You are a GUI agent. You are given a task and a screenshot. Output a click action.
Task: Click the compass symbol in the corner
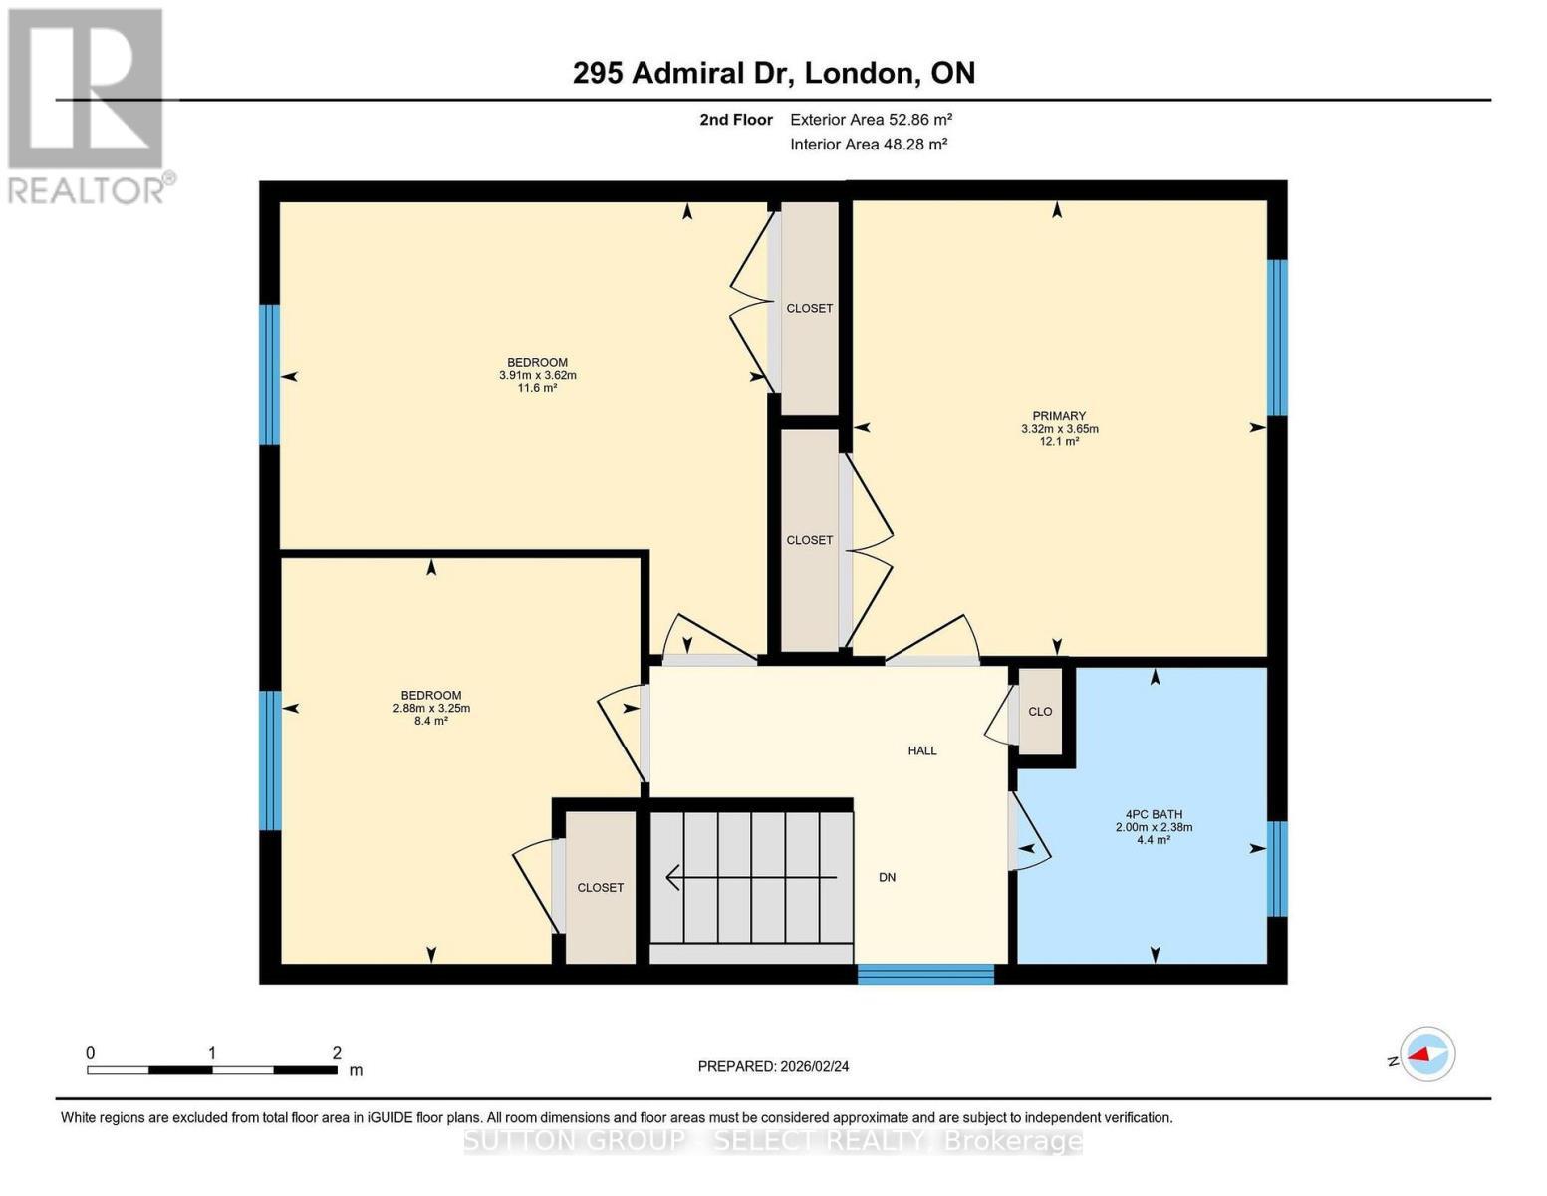tap(1426, 1053)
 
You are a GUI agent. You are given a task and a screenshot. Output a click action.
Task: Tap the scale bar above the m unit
tap(211, 1070)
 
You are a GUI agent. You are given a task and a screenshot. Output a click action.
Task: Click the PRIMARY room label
tap(1059, 416)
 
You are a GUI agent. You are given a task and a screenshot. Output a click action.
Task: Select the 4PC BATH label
tap(1154, 814)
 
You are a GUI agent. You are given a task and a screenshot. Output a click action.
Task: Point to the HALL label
tap(922, 750)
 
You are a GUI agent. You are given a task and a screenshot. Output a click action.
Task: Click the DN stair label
tap(887, 877)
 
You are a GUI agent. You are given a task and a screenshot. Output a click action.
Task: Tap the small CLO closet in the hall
tap(1040, 712)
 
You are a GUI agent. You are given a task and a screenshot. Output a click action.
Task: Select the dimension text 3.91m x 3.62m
tap(538, 376)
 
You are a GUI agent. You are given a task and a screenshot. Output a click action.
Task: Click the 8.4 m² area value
tap(431, 721)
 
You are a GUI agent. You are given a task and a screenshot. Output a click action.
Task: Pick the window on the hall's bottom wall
tap(925, 974)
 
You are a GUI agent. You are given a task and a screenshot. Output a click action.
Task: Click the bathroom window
tap(1277, 868)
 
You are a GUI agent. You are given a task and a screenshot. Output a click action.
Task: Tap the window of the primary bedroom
tap(1277, 337)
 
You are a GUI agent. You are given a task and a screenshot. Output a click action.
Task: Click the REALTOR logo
tap(88, 106)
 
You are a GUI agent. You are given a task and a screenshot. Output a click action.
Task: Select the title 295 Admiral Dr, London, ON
tap(774, 73)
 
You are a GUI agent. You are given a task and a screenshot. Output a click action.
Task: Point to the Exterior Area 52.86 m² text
tap(872, 120)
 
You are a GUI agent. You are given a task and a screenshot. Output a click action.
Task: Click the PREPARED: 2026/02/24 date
tap(773, 1066)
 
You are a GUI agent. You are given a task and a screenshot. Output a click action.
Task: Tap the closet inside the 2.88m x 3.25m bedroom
tap(601, 887)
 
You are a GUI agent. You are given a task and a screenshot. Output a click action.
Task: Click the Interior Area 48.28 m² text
tap(869, 144)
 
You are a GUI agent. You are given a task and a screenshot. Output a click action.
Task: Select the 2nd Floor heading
tap(736, 120)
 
